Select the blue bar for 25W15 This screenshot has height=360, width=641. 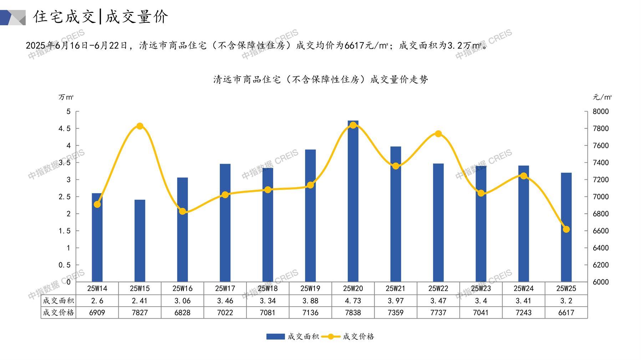[x=140, y=241]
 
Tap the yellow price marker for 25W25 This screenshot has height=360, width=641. [x=566, y=229]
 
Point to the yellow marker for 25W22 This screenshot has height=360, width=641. [x=438, y=134]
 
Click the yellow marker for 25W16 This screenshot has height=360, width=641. [x=183, y=211]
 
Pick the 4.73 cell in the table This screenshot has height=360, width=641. [x=353, y=301]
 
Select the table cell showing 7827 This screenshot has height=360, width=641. [x=140, y=313]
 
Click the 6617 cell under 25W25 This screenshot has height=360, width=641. [x=566, y=313]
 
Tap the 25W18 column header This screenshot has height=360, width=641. [x=268, y=288]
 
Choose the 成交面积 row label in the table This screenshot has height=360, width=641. [x=58, y=301]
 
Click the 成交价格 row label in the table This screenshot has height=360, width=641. [x=58, y=313]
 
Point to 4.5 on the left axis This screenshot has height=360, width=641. [x=65, y=128]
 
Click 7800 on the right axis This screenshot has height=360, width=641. [x=601, y=128]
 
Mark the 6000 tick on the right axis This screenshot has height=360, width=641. [x=601, y=282]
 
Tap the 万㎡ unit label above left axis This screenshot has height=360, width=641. [x=66, y=97]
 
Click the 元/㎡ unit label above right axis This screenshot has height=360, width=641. [x=602, y=97]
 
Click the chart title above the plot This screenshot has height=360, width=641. [x=320, y=79]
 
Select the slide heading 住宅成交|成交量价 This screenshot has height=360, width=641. [x=101, y=17]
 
